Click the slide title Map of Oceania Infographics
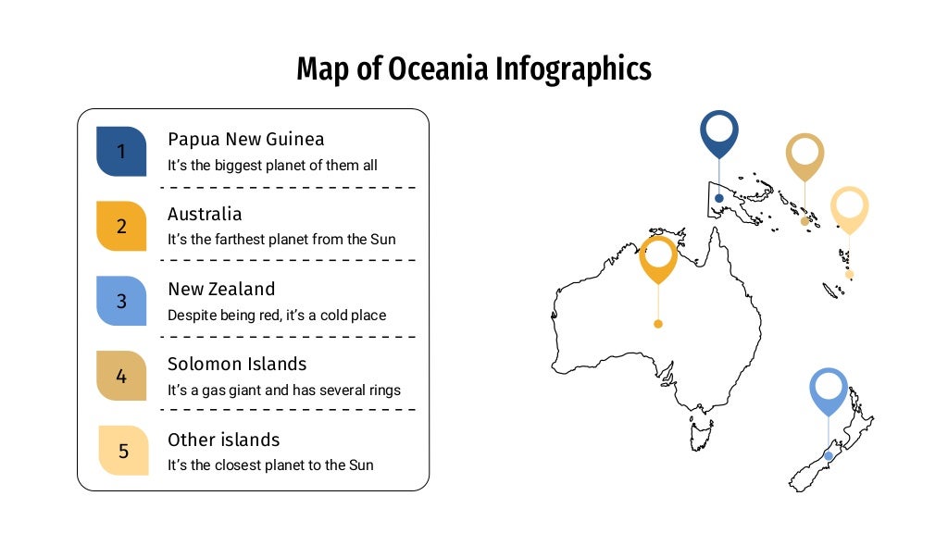(473, 69)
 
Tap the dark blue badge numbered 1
(121, 151)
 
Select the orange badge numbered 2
(121, 226)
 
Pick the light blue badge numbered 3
(121, 301)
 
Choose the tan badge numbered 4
(121, 377)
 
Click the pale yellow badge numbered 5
(123, 451)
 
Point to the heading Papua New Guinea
(245, 140)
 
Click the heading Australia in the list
(205, 214)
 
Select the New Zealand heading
(221, 289)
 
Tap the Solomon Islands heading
(237, 364)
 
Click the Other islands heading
(223, 440)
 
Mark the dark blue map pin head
(718, 131)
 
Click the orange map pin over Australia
(658, 256)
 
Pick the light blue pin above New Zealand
(828, 389)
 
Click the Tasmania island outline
(702, 430)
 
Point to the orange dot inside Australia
(658, 324)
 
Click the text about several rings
(284, 390)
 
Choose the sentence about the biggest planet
(272, 166)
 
